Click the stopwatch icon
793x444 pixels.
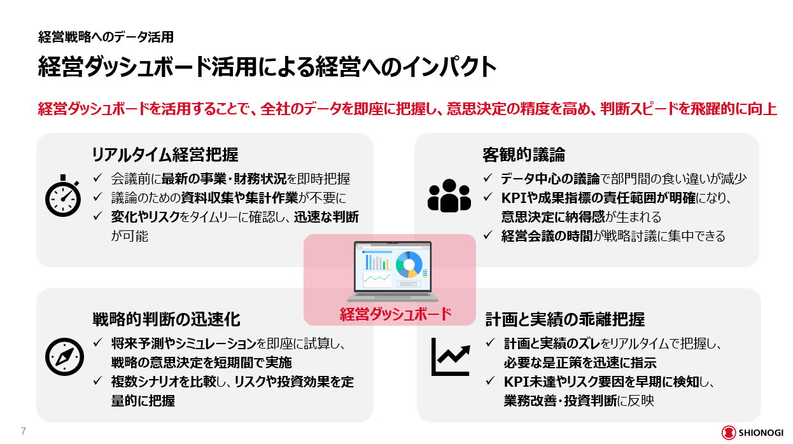62,196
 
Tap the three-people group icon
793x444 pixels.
449,196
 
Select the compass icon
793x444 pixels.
64,357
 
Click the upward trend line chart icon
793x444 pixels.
451,357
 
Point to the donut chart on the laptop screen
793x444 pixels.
409,265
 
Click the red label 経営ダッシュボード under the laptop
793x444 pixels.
395,314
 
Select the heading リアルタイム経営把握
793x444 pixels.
165,155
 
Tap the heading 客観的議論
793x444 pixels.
524,155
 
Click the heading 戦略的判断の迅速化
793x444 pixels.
166,319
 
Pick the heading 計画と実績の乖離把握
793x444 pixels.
565,319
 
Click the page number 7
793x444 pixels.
24,431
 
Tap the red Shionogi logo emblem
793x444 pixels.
729,433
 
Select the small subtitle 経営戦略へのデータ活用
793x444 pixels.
106,37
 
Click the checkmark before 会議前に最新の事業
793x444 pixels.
98,177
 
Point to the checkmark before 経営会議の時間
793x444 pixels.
488,235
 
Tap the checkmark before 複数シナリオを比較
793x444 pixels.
98,380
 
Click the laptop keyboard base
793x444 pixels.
393,296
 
